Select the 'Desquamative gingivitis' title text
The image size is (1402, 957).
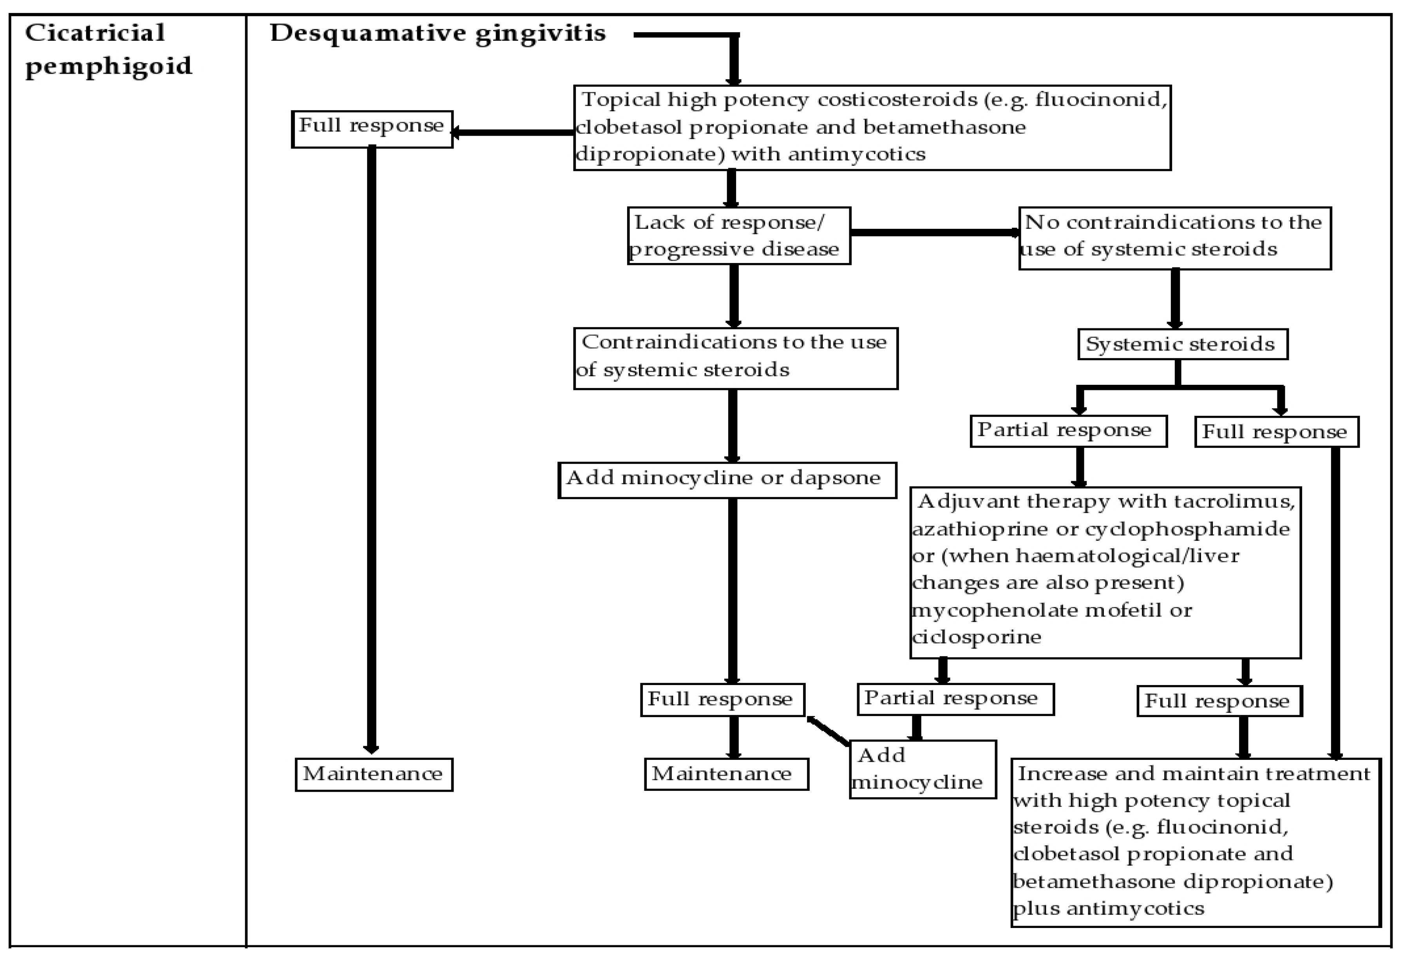click(x=438, y=34)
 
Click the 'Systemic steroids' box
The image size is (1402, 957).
click(x=1182, y=344)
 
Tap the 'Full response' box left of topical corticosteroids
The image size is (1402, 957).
click(x=372, y=128)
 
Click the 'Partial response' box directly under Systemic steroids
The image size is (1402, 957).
click(x=1068, y=431)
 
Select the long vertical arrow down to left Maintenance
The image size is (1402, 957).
click(x=372, y=446)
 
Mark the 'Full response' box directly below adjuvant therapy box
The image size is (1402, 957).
click(x=1219, y=701)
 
